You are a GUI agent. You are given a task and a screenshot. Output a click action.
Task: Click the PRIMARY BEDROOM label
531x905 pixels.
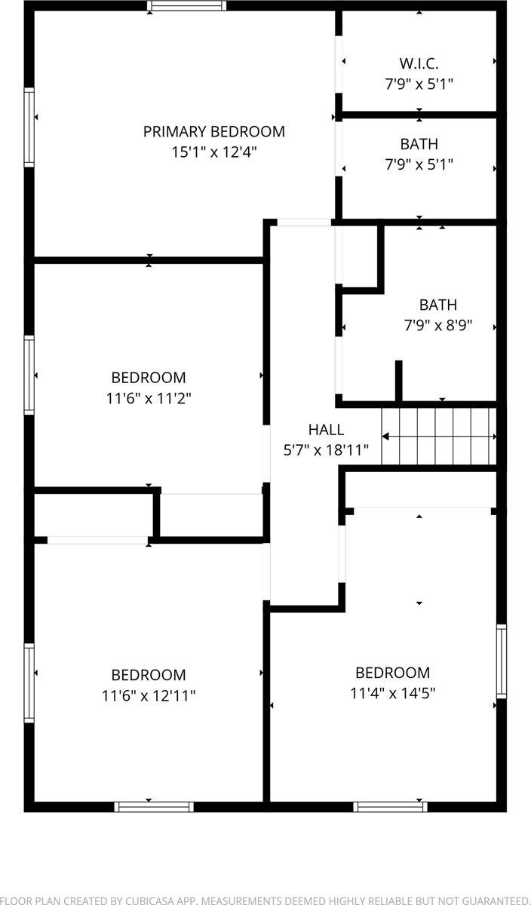[214, 132]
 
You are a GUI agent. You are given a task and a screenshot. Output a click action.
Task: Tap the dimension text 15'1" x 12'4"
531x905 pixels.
[214, 152]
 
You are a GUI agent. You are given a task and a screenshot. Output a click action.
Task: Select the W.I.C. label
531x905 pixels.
[419, 63]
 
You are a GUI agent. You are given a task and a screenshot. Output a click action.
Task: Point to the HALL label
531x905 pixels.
[326, 430]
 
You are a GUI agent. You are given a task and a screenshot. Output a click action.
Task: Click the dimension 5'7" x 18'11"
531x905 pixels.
[326, 450]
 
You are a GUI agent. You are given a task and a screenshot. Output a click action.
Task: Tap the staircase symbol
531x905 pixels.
[439, 437]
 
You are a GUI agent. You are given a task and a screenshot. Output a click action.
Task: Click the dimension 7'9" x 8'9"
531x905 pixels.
[438, 326]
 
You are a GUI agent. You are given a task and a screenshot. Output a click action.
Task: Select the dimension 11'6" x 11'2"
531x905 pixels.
[149, 397]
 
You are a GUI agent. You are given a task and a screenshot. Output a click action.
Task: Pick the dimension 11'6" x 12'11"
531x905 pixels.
[149, 695]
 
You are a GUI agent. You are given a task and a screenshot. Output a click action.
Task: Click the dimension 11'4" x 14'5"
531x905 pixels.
[393, 692]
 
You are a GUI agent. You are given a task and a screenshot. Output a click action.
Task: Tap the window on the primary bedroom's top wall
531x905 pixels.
[186, 6]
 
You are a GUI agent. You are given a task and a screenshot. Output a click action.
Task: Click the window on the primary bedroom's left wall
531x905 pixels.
[29, 127]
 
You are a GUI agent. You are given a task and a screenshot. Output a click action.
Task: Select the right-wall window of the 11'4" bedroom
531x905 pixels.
[501, 661]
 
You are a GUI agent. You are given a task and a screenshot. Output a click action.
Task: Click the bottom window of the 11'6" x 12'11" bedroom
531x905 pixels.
[154, 806]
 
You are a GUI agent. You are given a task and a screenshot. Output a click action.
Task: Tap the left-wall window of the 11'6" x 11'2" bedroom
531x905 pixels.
[29, 375]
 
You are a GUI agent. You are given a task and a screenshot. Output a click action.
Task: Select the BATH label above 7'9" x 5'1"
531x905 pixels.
[419, 144]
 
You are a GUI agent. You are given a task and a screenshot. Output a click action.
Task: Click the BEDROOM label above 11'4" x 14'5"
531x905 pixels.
[393, 673]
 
